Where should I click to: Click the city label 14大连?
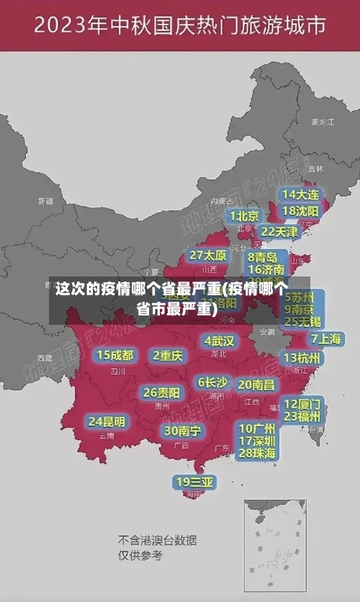pyautogui.click(x=301, y=194)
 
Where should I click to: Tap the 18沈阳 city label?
pyautogui.click(x=301, y=211)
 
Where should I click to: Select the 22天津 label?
pyautogui.click(x=279, y=232)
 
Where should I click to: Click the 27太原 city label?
pyautogui.click(x=208, y=256)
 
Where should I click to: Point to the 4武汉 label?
pyautogui.click(x=219, y=341)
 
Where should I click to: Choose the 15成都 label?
pyautogui.click(x=115, y=355)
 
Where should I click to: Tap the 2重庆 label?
pyautogui.click(x=168, y=356)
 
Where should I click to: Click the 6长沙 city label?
pyautogui.click(x=212, y=382)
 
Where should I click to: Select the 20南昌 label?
pyautogui.click(x=256, y=385)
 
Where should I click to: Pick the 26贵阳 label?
pyautogui.click(x=161, y=393)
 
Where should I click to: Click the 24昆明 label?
pyautogui.click(x=107, y=421)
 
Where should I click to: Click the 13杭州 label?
pyautogui.click(x=302, y=358)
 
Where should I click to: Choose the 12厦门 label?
pyautogui.click(x=302, y=403)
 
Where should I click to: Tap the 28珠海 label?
pyautogui.click(x=257, y=453)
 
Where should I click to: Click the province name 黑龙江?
pyautogui.click(x=323, y=122)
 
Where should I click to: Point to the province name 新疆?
pyautogui.click(x=45, y=201)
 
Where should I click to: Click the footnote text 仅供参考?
pyautogui.click(x=140, y=555)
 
